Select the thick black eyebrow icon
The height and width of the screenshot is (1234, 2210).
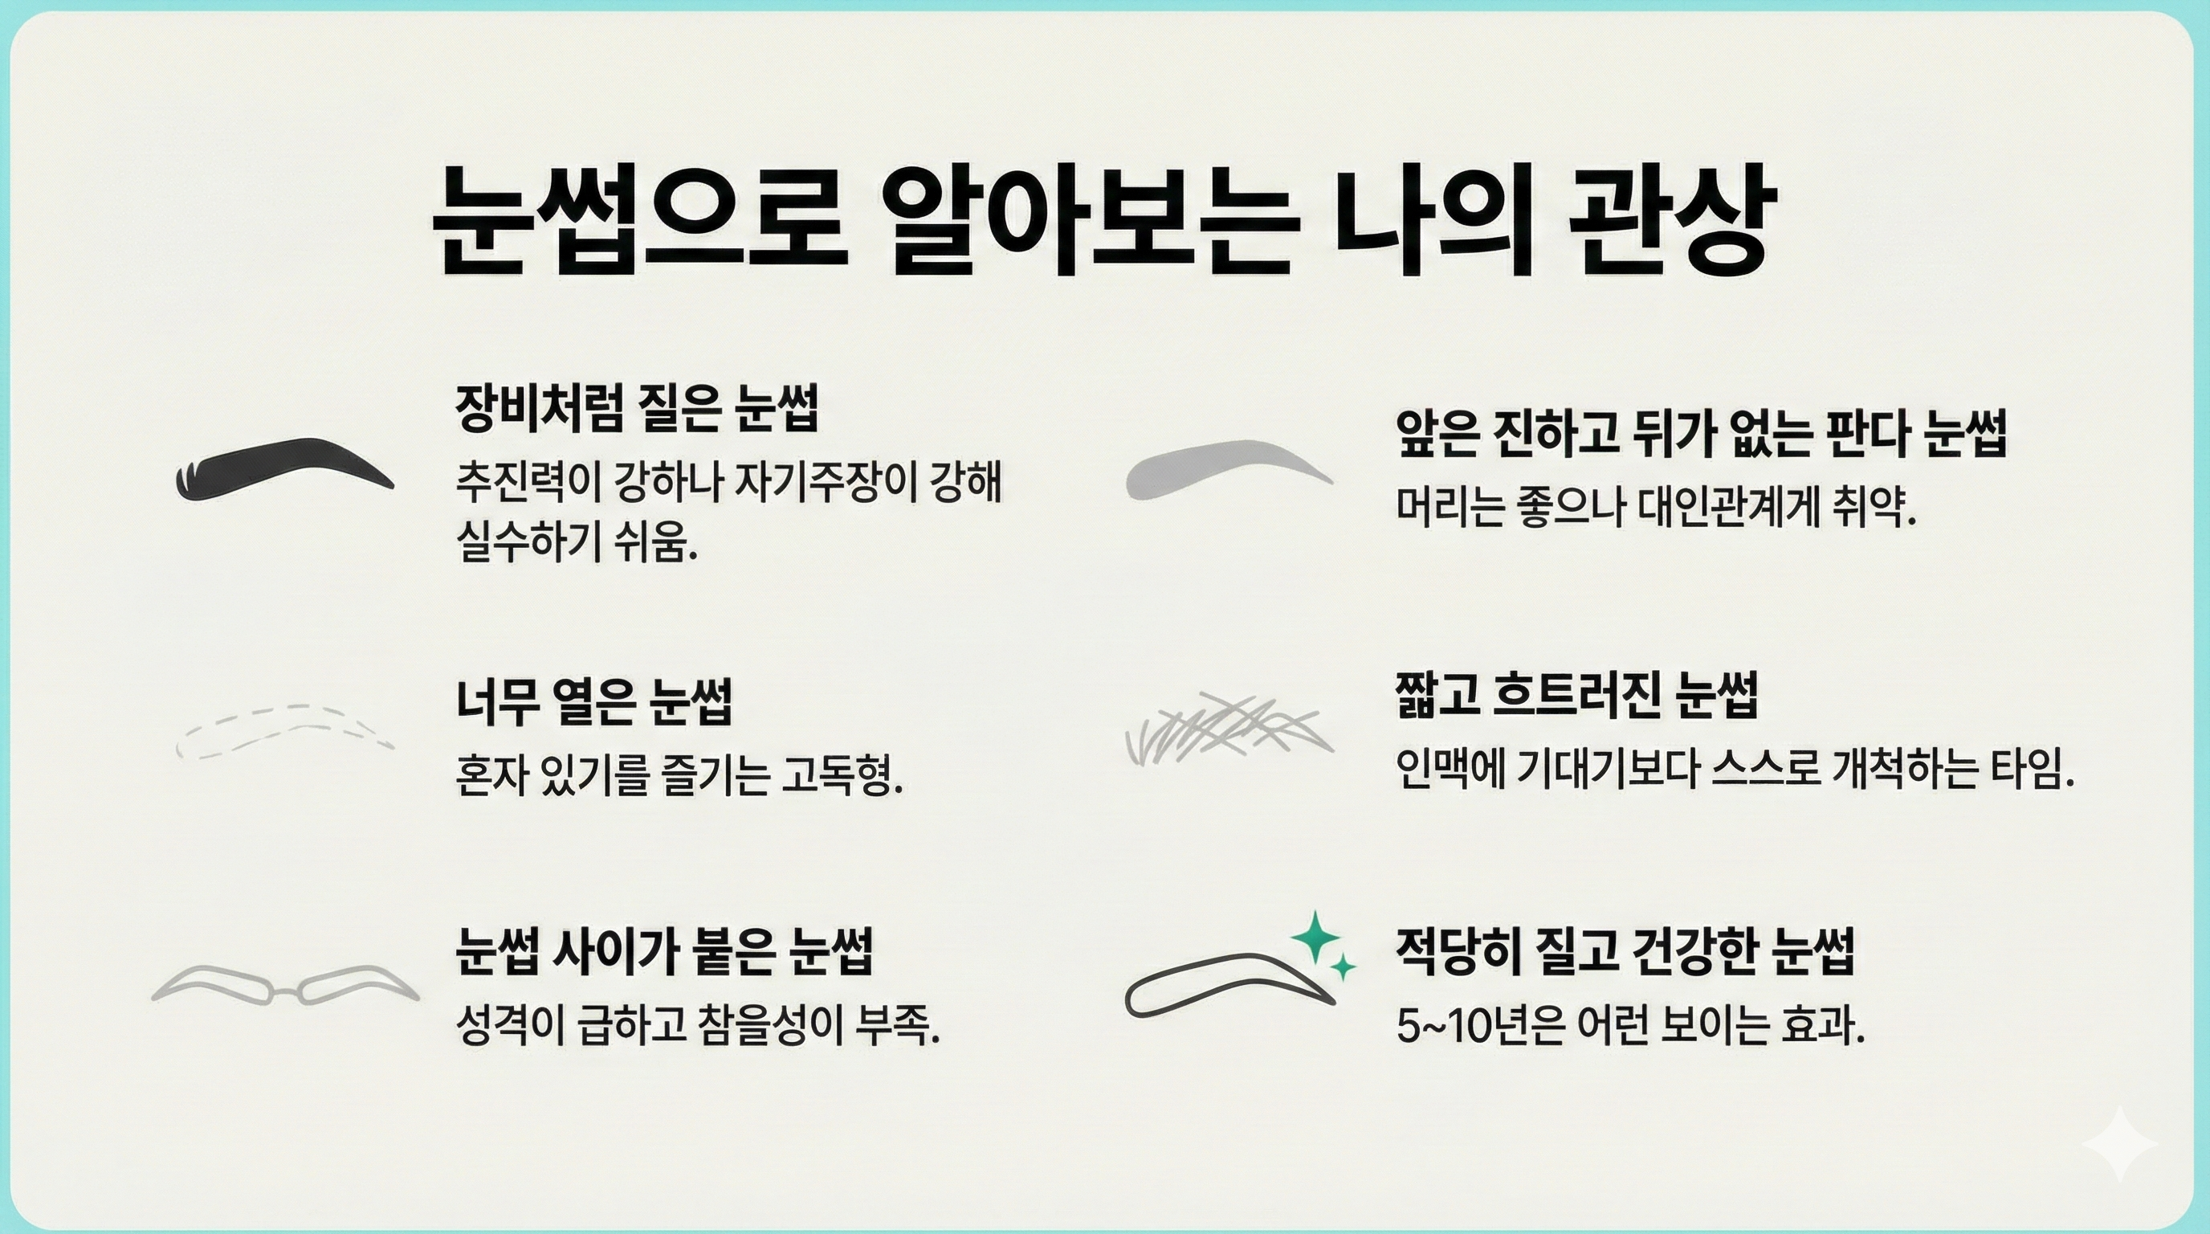coord(283,468)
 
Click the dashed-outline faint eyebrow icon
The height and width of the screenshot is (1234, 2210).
coord(283,731)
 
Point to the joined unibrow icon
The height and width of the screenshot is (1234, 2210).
coord(285,986)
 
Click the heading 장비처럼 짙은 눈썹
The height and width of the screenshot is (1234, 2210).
coord(637,407)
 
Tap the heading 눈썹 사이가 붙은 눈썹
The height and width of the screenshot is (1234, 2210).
coord(664,951)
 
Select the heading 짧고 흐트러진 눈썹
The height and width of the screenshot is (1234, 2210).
coord(1577,695)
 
